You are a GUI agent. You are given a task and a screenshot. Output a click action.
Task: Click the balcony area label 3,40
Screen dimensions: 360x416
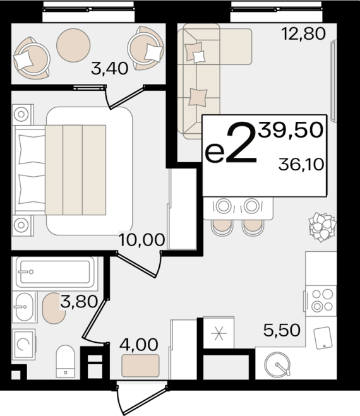[109, 68]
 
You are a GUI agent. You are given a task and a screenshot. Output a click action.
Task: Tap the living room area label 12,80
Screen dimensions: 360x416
[303, 33]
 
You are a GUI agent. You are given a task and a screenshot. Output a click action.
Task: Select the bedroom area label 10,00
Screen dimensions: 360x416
[141, 240]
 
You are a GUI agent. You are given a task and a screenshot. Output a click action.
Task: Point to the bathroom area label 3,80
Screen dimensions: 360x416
[79, 302]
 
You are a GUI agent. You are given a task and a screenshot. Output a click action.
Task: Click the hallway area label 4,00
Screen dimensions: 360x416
[138, 345]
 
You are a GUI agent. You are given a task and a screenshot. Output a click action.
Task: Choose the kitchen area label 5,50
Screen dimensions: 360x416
[282, 330]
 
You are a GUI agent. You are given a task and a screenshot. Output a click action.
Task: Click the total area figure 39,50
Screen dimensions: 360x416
[291, 130]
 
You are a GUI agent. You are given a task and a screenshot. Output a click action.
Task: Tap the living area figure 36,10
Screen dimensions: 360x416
[301, 164]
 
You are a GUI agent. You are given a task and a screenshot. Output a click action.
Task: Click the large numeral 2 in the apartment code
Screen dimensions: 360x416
[242, 141]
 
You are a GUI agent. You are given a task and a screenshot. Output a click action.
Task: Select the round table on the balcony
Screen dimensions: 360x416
[73, 45]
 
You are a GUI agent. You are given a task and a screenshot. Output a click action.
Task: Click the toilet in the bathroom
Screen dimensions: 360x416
[65, 361]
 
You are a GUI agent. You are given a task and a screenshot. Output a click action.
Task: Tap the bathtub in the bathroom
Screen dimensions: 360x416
[55, 272]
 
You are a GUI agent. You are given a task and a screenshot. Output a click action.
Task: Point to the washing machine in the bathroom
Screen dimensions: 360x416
[24, 345]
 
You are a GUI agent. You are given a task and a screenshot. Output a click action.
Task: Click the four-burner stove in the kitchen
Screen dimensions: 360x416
[321, 300]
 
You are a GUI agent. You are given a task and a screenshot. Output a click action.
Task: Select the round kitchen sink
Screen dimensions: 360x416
[277, 365]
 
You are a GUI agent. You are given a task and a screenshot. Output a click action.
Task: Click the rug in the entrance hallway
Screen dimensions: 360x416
[140, 365]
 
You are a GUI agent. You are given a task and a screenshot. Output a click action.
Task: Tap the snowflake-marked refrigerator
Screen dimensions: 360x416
[219, 333]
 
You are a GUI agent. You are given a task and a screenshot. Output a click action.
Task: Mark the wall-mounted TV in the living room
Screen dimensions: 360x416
[333, 81]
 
